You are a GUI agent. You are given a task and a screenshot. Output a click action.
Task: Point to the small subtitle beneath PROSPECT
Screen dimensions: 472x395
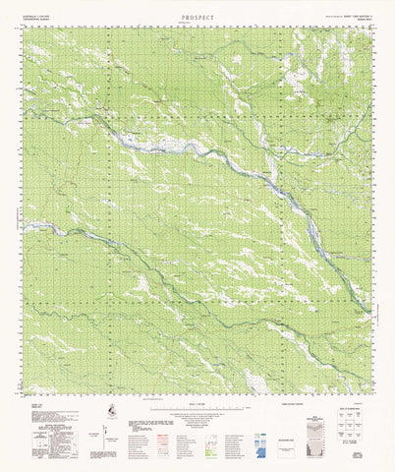click(197, 25)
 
